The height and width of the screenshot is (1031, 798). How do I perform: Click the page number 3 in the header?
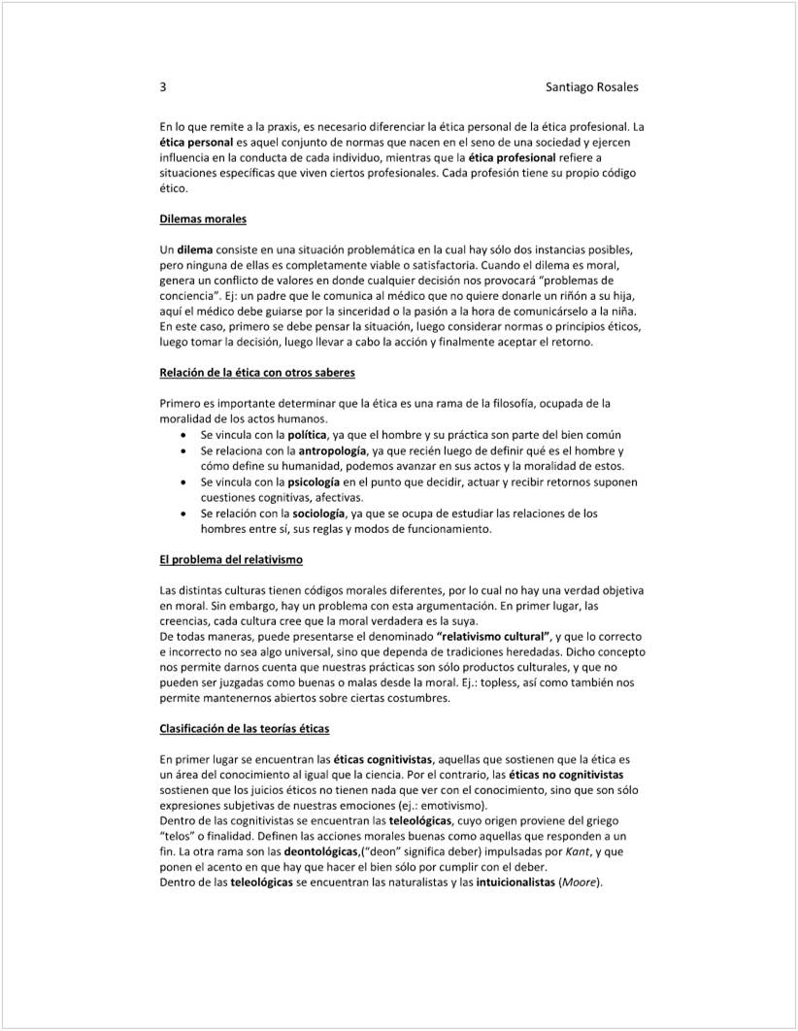[x=163, y=87]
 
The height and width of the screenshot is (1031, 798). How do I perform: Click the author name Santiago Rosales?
[x=592, y=87]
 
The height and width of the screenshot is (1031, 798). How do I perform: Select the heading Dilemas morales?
[x=203, y=219]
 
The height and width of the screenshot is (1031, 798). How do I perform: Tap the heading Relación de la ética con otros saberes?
[x=257, y=373]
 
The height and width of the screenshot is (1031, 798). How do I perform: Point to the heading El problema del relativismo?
[x=231, y=560]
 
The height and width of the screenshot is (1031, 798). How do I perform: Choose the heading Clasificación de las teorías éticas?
[x=245, y=728]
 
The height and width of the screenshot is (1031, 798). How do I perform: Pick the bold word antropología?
[x=332, y=450]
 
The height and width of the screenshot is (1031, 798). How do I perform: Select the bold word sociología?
[x=316, y=513]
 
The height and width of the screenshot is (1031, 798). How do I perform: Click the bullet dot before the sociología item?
[x=184, y=513]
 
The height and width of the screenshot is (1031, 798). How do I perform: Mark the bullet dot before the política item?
[x=184, y=435]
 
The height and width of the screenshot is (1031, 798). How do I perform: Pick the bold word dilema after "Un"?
[x=195, y=249]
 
